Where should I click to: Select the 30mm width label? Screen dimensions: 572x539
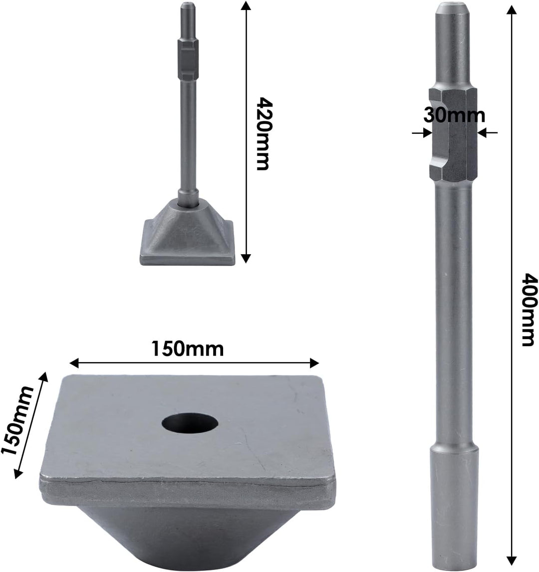coord(454,115)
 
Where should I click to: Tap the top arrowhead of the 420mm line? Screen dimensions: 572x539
coord(245,6)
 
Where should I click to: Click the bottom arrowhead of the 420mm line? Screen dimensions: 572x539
coord(245,258)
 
